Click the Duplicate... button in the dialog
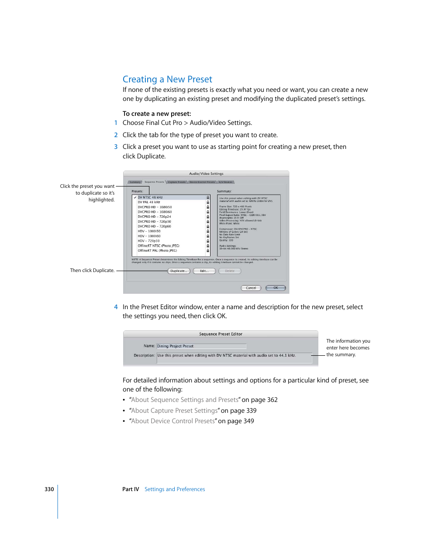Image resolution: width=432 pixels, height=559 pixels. pos(179,271)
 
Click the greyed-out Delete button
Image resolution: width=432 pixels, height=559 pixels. pos(230,271)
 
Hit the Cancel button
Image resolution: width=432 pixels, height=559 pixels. pos(251,288)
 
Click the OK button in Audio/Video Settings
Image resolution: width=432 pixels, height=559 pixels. pos(275,288)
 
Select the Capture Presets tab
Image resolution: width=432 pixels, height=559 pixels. pos(177,182)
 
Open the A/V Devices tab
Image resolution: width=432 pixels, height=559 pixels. pos(226,182)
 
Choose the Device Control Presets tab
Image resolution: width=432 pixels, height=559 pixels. pos(202,182)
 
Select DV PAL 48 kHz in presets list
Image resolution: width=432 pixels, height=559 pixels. pos(149,202)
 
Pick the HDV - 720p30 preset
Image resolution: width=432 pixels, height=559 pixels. pos(149,241)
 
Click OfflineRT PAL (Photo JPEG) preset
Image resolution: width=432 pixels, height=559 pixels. pos(157,250)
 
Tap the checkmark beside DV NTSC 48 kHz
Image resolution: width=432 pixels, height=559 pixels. pos(135,197)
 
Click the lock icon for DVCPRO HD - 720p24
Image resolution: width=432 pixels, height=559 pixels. pos(208,217)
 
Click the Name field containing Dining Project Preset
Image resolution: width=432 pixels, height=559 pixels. pos(201,346)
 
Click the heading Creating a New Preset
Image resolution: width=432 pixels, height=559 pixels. pos(167,79)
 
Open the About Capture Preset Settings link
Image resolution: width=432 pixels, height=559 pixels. pos(174,411)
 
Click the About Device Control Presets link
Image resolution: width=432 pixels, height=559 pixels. pos(173,421)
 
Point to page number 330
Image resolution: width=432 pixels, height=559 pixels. pos(49,489)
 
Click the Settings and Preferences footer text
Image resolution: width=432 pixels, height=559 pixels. pos(175,489)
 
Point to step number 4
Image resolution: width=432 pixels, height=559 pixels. pos(116,307)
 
